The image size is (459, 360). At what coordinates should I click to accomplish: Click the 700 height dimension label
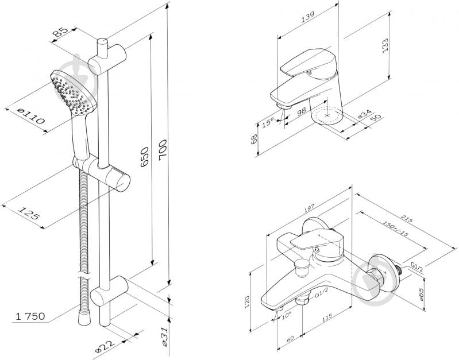tap(163, 150)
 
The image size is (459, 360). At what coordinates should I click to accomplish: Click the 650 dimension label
tap(145, 157)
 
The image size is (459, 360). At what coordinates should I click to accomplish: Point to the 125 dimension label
tap(29, 213)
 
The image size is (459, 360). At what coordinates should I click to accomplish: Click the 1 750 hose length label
tap(30, 316)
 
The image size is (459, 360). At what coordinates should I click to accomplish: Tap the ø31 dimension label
tap(165, 337)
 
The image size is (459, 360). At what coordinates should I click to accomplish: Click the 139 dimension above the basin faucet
tap(308, 17)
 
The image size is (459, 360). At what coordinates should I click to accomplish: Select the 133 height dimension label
tap(385, 45)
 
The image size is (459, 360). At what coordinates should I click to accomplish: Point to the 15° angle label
tap(268, 122)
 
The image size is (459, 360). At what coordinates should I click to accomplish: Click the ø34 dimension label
tap(365, 114)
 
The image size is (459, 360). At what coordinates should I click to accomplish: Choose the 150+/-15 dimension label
tap(395, 229)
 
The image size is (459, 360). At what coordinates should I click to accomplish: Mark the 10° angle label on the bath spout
tap(286, 316)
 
